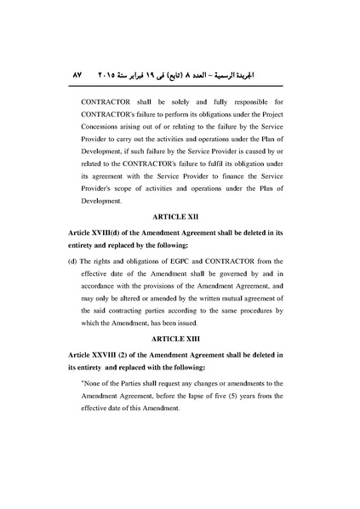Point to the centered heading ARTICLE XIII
click(180, 338)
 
